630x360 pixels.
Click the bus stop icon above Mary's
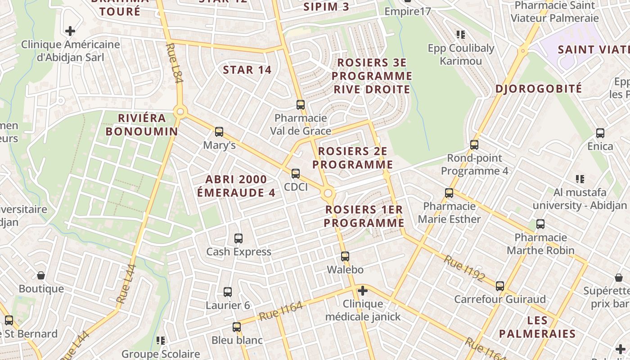pyautogui.click(x=219, y=132)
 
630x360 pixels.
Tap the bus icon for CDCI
pyautogui.click(x=296, y=173)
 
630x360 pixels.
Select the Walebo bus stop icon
pyautogui.click(x=345, y=256)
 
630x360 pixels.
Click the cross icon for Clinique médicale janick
pyautogui.click(x=362, y=291)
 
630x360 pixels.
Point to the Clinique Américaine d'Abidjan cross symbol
pyautogui.click(x=70, y=31)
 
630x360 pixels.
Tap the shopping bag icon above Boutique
pyautogui.click(x=41, y=275)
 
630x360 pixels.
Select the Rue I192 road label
pyautogui.click(x=463, y=269)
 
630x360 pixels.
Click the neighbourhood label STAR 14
pyautogui.click(x=247, y=70)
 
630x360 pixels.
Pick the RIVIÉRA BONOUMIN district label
pyautogui.click(x=142, y=125)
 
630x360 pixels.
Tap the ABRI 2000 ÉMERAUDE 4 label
pyautogui.click(x=236, y=186)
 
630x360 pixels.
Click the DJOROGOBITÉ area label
pyautogui.click(x=539, y=89)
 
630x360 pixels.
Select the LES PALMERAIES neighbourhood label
pyautogui.click(x=537, y=327)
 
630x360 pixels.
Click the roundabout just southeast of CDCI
pyautogui.click(x=328, y=193)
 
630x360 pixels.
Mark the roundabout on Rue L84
pyautogui.click(x=180, y=111)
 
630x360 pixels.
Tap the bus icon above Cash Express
pyautogui.click(x=238, y=238)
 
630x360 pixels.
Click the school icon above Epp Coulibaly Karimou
pyautogui.click(x=460, y=34)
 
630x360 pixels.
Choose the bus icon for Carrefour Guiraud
pyautogui.click(x=500, y=286)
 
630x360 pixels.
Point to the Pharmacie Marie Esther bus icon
pyautogui.click(x=449, y=193)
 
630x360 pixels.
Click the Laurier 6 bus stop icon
pyautogui.click(x=228, y=292)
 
